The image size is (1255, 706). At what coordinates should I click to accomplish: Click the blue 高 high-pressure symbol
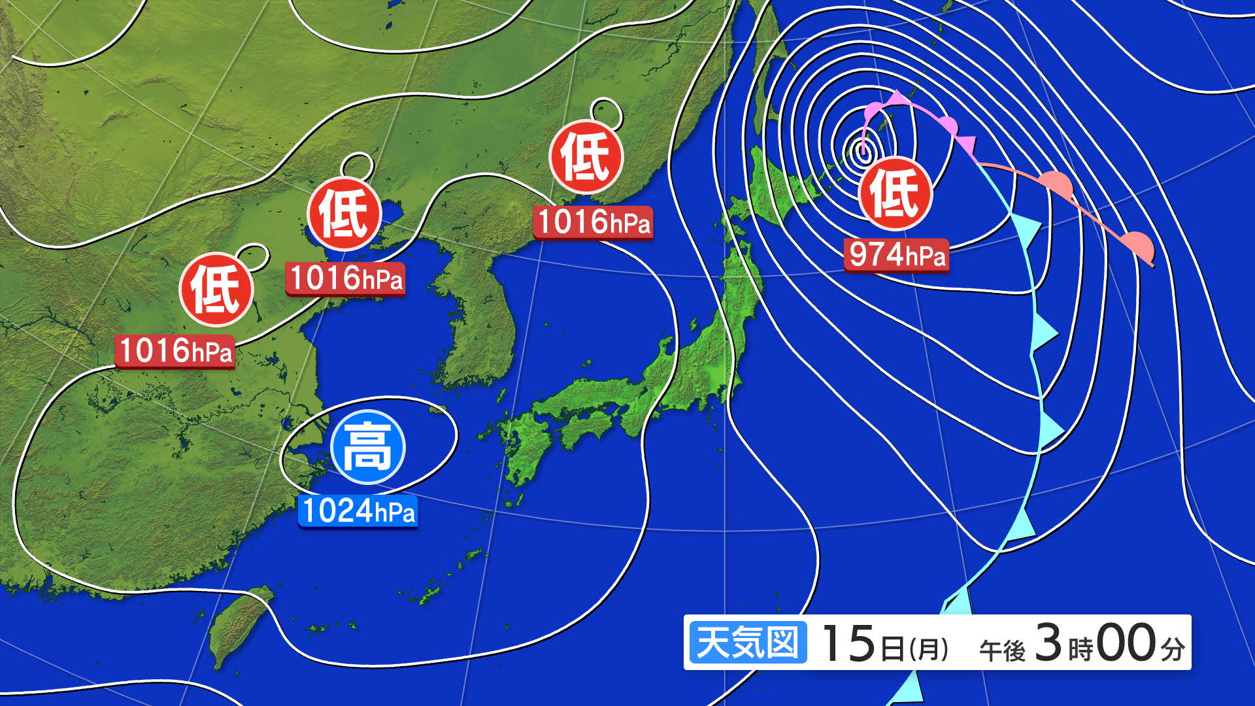(368, 447)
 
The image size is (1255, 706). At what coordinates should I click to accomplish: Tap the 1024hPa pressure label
(358, 511)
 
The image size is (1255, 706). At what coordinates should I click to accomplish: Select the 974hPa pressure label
(896, 254)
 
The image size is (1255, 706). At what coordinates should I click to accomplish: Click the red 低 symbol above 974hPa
(895, 193)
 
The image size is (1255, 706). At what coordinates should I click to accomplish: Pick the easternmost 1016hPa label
(594, 222)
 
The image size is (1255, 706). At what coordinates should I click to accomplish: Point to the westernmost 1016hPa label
(175, 351)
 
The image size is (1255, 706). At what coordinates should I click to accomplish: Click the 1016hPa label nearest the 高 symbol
(345, 279)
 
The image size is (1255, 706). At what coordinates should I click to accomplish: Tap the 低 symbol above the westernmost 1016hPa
(216, 290)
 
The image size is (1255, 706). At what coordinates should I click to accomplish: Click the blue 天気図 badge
(748, 643)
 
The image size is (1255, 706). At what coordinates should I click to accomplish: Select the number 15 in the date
(848, 643)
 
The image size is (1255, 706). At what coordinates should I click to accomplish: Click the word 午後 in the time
(1002, 650)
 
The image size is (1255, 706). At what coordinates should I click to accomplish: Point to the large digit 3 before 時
(1048, 642)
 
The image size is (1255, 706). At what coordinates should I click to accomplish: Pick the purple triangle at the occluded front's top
(898, 97)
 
